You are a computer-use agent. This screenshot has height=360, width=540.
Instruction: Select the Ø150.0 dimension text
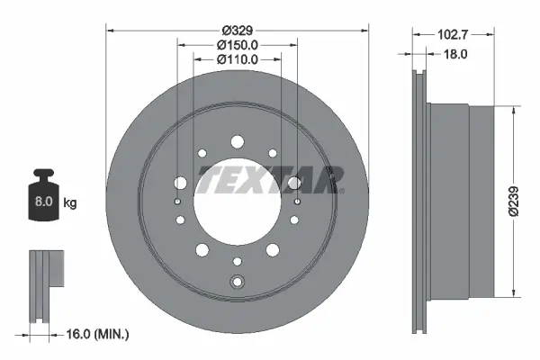(238, 44)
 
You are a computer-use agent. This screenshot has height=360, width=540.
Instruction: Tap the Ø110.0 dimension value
(238, 59)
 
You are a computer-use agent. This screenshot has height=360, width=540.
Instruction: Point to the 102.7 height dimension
(454, 36)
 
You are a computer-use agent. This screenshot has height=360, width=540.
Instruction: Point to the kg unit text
(70, 203)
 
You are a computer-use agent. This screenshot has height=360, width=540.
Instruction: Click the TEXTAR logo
(271, 178)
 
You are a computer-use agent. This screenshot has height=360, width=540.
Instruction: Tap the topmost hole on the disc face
(238, 140)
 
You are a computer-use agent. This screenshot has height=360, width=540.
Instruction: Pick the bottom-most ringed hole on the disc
(238, 282)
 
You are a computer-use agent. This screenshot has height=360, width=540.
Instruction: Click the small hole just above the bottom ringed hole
(238, 262)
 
